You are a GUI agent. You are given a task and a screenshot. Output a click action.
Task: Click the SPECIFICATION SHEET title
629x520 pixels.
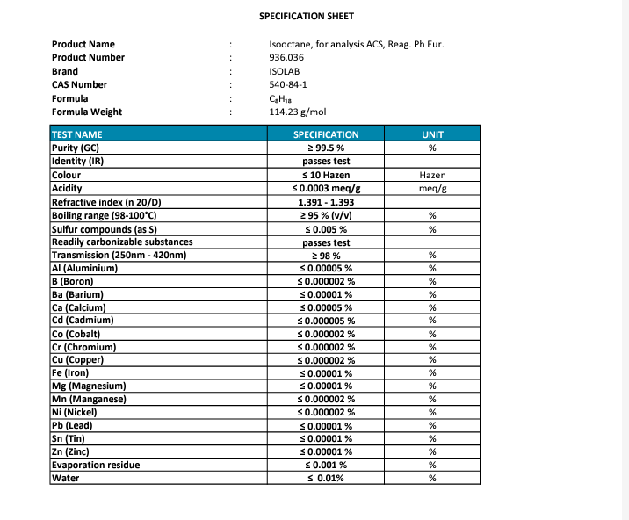pos(307,16)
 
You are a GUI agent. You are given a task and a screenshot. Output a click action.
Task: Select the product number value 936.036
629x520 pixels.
pos(286,57)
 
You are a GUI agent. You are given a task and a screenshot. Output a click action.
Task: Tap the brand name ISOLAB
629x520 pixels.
pos(284,71)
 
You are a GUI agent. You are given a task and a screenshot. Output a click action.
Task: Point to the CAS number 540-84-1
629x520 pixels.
pos(287,84)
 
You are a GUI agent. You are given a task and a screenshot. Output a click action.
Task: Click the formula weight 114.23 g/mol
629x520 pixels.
pos(297,112)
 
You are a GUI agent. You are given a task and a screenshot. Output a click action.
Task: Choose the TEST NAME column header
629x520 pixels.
pos(77,134)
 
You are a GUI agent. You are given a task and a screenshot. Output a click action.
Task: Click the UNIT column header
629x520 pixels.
pos(432,134)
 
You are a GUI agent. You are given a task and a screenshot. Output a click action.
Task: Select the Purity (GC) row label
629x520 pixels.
pos(76,148)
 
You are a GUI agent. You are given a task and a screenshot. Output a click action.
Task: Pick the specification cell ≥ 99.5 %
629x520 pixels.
pos(325,148)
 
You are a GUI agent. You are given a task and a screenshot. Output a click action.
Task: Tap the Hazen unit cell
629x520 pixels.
pos(432,175)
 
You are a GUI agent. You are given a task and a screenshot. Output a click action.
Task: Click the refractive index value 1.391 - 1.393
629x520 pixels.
pos(325,202)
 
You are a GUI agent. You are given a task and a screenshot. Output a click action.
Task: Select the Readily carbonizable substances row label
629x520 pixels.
pos(122,242)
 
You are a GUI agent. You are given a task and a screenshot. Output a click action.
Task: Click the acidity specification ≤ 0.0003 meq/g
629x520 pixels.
pos(325,189)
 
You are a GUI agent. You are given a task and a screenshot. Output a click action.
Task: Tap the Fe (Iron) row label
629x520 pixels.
pos(70,372)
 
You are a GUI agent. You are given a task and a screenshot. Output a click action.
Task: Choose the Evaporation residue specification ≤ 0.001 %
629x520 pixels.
pos(325,465)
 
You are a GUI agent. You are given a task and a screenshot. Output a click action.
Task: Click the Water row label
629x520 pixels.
pos(66,478)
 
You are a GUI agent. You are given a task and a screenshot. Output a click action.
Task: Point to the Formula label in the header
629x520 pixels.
pos(69,98)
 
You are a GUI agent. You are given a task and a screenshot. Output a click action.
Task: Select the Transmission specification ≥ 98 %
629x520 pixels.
pos(325,256)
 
